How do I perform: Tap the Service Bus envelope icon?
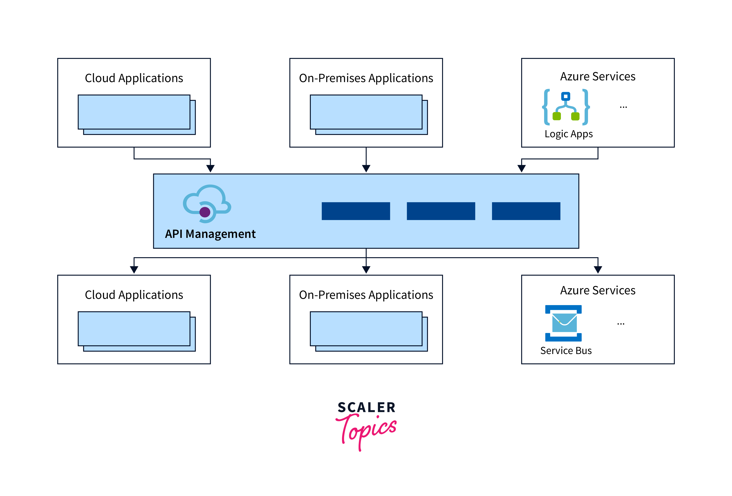point(563,323)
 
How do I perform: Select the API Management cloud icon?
point(207,204)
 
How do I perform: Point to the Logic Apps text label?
point(568,134)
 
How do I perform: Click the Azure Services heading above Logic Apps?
point(597,77)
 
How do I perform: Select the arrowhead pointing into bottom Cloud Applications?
point(134,270)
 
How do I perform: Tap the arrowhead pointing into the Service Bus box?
point(598,270)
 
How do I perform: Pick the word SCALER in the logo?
point(366,407)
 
